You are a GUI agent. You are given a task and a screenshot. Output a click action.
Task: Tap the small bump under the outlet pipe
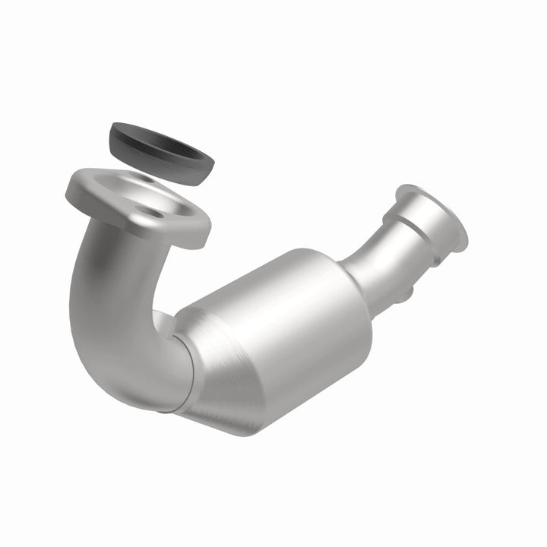406,292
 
